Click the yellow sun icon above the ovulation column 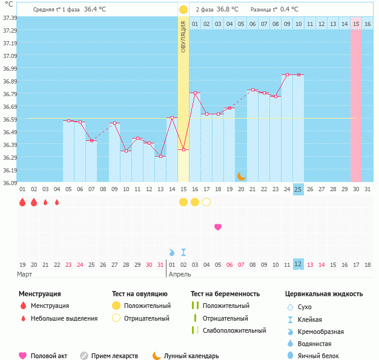tap(183, 10)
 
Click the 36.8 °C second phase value tap(228, 10)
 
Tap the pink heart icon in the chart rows tap(218, 227)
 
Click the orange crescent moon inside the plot tap(241, 175)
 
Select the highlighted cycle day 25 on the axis tap(298, 189)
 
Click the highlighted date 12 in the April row tap(298, 264)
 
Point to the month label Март tap(25, 274)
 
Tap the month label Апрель tap(180, 274)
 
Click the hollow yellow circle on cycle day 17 tap(206, 202)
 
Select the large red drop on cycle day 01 tap(22, 202)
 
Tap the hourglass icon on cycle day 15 tap(183, 252)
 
